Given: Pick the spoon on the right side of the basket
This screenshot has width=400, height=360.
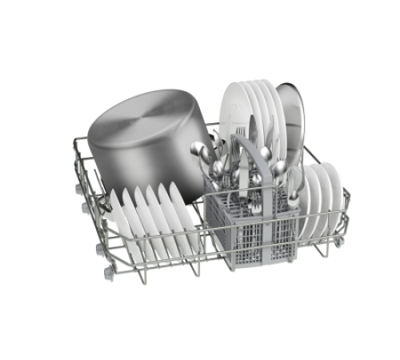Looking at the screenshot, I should tap(294, 180).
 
